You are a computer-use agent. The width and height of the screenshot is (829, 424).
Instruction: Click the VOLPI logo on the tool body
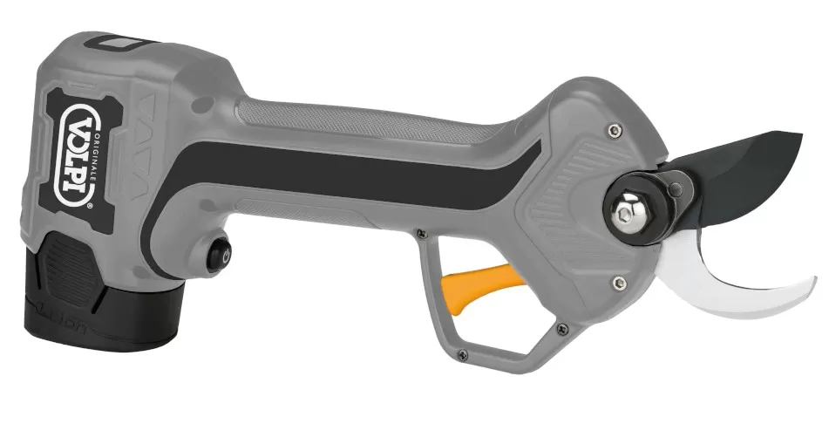click(78, 146)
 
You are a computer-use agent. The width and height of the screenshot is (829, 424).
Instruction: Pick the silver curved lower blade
click(732, 279)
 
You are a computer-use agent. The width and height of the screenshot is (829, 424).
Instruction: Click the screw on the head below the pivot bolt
click(617, 280)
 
